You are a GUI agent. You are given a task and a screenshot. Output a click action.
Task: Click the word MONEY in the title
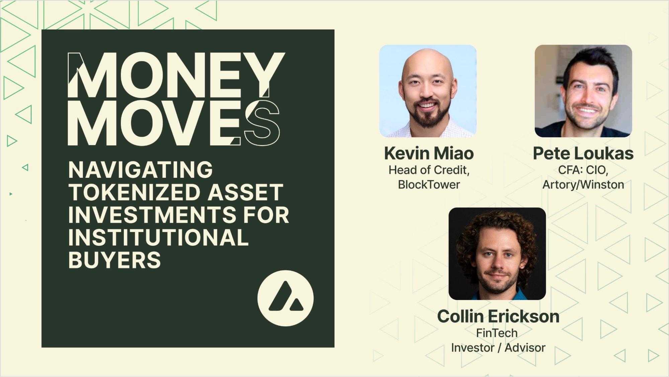176,75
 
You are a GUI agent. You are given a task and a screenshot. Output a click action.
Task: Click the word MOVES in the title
173,123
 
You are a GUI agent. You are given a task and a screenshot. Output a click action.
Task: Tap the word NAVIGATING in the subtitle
141,170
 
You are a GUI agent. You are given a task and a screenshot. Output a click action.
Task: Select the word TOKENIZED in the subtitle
134,193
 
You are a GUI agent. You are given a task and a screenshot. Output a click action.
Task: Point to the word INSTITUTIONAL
158,238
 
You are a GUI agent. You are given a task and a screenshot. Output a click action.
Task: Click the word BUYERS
114,260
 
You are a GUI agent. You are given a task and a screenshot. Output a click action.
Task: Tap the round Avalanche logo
285,298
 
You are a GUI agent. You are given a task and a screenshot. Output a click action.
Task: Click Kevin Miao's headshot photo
428,91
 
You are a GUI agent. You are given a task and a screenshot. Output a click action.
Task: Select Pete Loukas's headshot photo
583,91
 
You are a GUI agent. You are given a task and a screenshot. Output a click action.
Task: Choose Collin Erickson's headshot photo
497,253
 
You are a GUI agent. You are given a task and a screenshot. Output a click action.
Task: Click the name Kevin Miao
429,153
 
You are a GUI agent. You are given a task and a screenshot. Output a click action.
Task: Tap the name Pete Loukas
583,153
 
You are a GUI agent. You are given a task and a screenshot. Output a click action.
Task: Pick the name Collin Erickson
498,316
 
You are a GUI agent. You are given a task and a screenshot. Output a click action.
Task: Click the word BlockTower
429,184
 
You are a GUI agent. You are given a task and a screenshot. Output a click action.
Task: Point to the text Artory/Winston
583,184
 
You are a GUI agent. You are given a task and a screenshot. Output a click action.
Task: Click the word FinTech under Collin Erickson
497,333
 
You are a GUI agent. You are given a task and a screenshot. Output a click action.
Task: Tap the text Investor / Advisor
498,348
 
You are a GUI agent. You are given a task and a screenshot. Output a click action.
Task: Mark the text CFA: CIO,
583,170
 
